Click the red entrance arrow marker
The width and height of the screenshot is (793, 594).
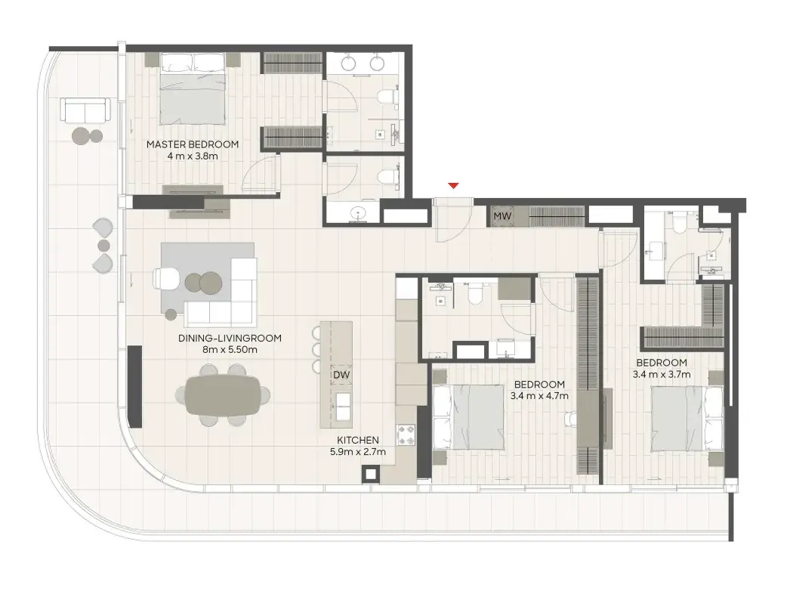[454, 186]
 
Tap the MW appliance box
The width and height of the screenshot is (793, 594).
[502, 216]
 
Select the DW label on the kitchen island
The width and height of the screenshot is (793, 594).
[341, 375]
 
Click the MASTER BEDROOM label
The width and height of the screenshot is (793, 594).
[192, 144]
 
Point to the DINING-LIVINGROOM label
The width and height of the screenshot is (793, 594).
[230, 338]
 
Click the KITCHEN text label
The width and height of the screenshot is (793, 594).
[358, 440]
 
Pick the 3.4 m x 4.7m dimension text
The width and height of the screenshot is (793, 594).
[539, 396]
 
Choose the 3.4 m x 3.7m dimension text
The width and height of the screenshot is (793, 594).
[662, 374]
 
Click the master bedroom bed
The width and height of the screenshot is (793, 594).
[193, 88]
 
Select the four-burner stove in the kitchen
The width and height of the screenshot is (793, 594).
[406, 435]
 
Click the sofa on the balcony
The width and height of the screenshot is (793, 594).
[85, 110]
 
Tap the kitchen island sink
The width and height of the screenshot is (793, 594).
[344, 407]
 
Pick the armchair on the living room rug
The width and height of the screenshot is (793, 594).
[166, 279]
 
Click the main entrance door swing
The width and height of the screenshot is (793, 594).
[454, 221]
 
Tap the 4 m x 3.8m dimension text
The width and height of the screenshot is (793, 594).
[192, 156]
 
